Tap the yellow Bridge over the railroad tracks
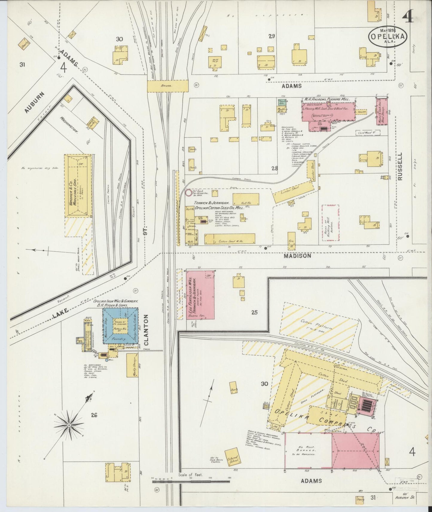(168, 86)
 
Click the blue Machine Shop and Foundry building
(120, 326)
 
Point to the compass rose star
(69, 425)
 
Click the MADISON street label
(297, 256)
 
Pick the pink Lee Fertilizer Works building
(200, 295)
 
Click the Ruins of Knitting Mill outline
(330, 223)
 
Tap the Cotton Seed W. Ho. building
(230, 239)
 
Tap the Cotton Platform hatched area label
(318, 325)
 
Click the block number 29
(271, 36)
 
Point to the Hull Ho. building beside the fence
(245, 199)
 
